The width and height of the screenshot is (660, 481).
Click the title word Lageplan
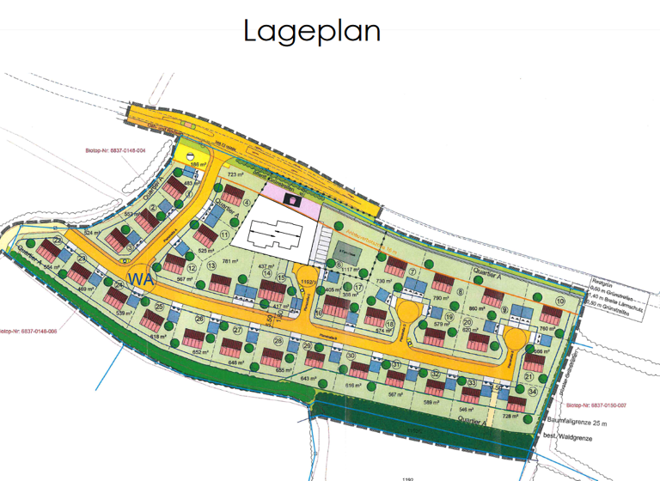[312, 31]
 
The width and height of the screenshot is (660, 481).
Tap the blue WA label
[138, 278]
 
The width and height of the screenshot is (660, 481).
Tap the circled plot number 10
[559, 301]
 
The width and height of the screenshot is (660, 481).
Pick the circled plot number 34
[534, 393]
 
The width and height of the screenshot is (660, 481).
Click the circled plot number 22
[58, 240]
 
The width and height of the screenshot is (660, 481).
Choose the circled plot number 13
[211, 266]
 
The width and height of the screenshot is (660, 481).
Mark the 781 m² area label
[230, 262]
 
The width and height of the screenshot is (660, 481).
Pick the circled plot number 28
[278, 341]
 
